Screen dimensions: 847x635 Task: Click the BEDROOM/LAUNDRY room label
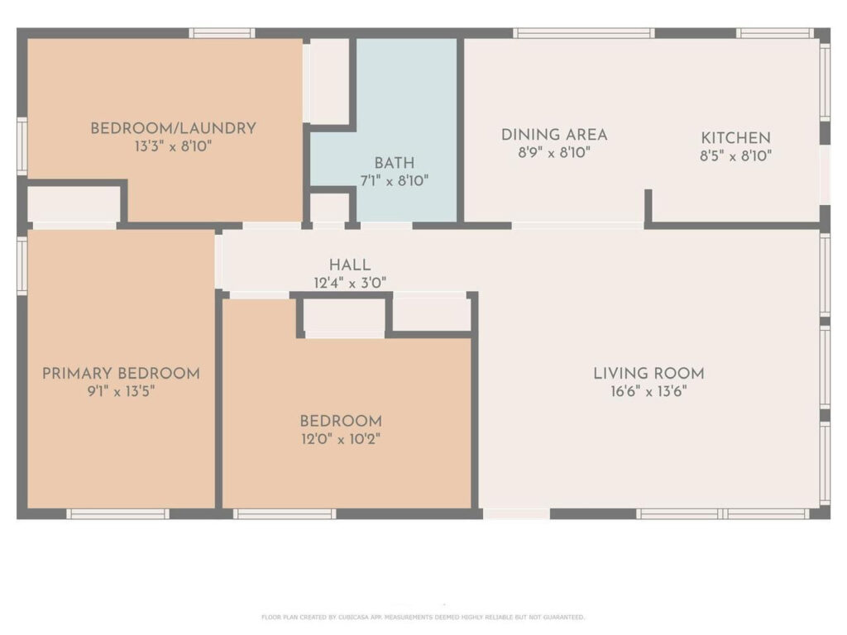point(173,128)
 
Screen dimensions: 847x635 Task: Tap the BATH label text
point(395,163)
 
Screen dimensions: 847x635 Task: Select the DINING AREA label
point(554,135)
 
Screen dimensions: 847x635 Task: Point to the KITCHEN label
point(735,138)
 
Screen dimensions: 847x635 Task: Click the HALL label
point(350,265)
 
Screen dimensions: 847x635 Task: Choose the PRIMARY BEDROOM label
point(121,374)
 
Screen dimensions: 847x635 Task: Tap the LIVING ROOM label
point(648,374)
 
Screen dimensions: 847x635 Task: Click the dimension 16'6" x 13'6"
point(648,391)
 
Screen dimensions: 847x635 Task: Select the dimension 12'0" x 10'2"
point(341,439)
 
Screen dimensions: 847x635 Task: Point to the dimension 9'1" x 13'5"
point(121,391)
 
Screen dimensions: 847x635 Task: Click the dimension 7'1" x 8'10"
point(395,181)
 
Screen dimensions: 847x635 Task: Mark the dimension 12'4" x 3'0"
point(350,283)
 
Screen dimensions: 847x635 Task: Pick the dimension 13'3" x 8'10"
point(173,146)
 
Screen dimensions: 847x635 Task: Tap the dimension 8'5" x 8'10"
point(735,156)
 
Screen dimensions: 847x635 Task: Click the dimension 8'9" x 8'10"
point(554,153)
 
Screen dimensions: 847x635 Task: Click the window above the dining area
point(584,33)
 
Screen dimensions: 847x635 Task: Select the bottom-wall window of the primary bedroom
point(117,514)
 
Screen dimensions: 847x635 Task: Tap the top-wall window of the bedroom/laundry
point(222,33)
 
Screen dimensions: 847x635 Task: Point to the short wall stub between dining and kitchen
point(648,206)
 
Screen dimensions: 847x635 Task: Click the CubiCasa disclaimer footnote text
point(423,617)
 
